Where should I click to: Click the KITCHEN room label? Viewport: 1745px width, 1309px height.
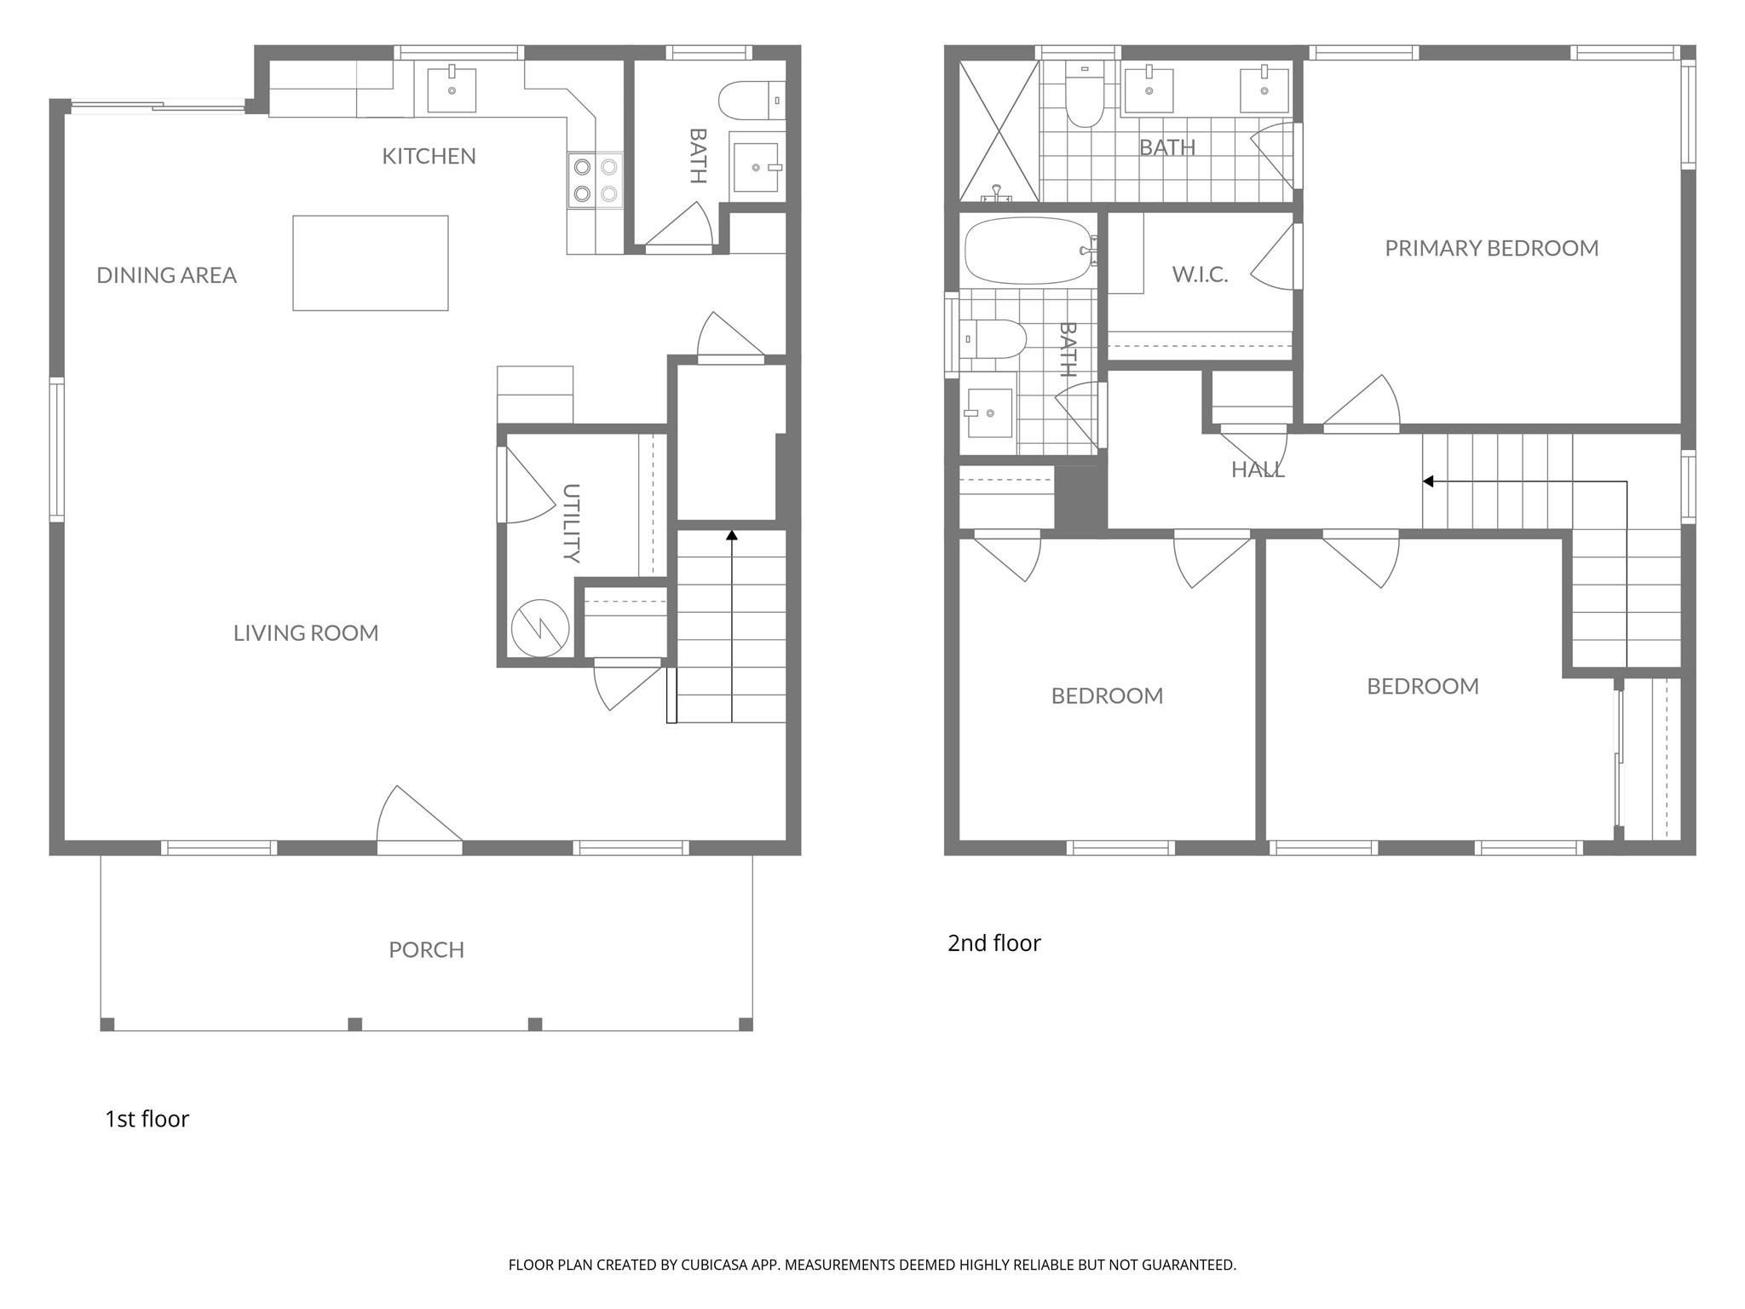tap(429, 156)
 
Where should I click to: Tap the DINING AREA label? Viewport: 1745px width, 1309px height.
tap(166, 275)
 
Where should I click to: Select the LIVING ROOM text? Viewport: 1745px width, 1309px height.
tap(306, 633)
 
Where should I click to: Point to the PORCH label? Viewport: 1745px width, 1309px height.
tap(426, 949)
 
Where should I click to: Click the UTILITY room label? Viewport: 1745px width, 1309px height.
tap(572, 523)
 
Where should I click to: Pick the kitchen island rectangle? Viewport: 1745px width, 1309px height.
tap(371, 262)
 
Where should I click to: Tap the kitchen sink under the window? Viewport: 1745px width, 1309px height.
tap(452, 89)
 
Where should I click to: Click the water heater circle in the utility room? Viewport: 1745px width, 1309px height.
tap(539, 628)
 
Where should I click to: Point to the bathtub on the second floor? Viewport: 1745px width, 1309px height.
tap(1028, 251)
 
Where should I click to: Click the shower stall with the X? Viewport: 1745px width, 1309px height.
tap(999, 131)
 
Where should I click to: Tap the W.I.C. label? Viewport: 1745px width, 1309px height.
tap(1200, 274)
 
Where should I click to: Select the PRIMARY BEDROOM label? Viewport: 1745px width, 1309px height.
tap(1491, 248)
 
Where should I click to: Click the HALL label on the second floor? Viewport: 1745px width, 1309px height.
tap(1258, 469)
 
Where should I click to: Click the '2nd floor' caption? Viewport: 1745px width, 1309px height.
tap(994, 943)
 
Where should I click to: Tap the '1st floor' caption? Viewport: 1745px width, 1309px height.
tap(147, 1119)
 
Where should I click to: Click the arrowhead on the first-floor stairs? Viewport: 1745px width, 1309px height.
tap(731, 535)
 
